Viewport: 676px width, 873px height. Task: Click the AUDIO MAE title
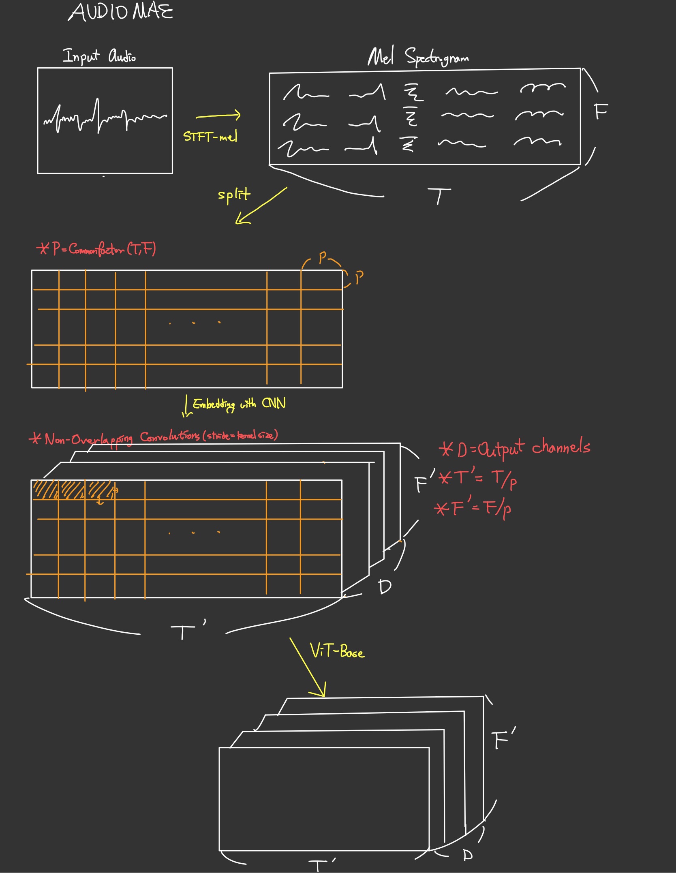121,12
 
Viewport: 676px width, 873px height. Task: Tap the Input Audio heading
99,56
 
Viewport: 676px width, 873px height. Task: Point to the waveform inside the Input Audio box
105,118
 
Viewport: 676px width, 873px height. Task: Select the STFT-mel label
210,137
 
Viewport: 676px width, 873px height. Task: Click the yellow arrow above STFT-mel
218,116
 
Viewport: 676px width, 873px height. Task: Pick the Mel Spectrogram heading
418,57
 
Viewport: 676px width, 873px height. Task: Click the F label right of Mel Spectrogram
601,111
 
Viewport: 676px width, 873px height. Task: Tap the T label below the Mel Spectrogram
439,196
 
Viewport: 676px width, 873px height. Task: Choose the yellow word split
234,195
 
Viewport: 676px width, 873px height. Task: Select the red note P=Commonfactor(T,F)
96,248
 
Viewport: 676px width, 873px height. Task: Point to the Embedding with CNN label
239,404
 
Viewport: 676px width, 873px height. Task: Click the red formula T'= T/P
478,479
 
